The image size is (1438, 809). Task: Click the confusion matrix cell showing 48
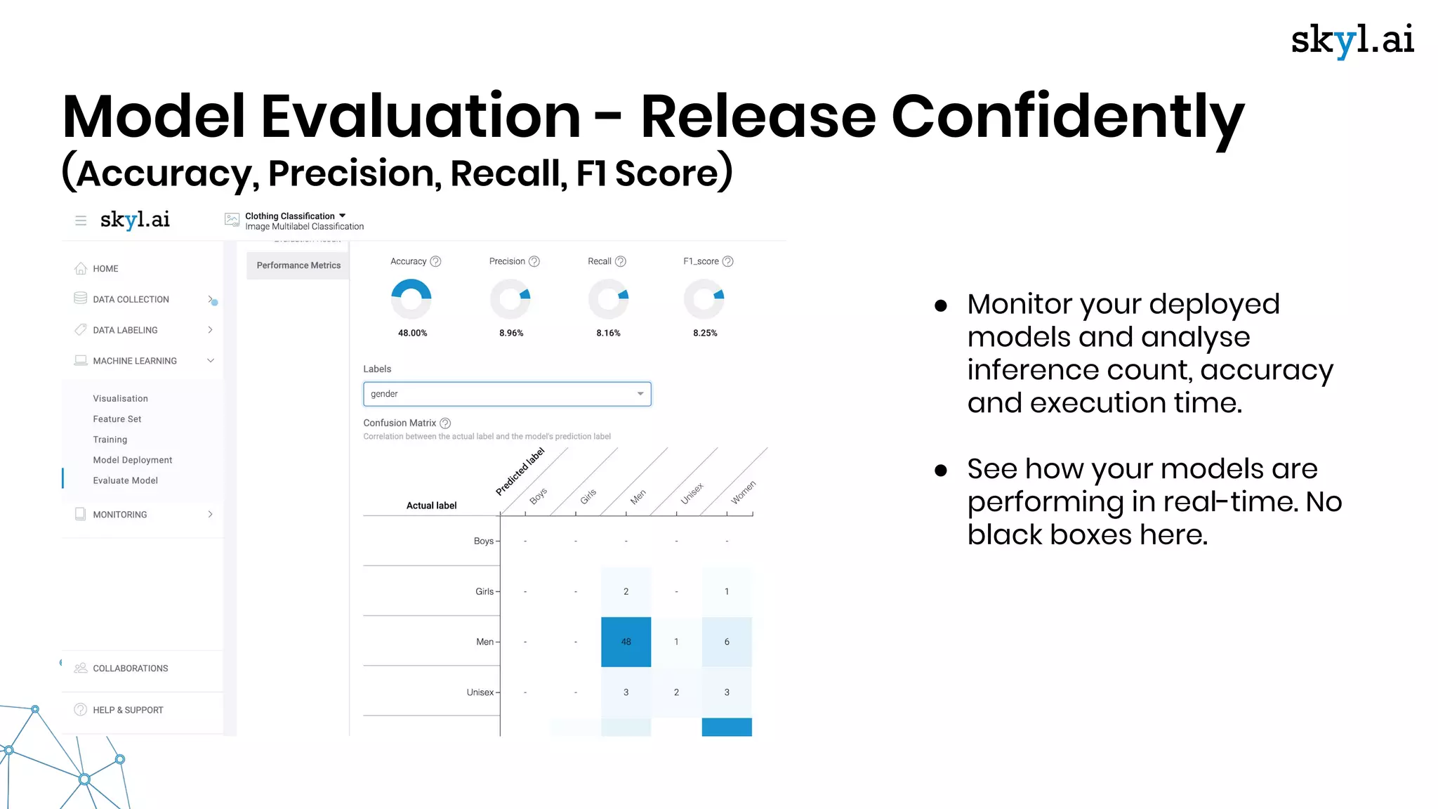tap(626, 642)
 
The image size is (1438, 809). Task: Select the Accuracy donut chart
tap(411, 299)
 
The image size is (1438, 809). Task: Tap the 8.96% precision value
tap(511, 333)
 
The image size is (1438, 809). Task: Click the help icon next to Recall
tap(621, 261)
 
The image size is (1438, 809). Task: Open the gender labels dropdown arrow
tap(640, 394)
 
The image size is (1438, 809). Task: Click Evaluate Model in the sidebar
tap(125, 480)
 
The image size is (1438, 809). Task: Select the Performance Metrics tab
tap(298, 265)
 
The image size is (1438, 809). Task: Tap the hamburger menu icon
tap(81, 221)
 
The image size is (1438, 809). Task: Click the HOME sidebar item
tap(105, 269)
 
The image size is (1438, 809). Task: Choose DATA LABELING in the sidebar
tap(125, 330)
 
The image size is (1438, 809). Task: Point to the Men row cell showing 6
tap(727, 642)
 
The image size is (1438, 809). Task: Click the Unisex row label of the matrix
tap(480, 692)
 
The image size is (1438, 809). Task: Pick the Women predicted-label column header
tap(743, 492)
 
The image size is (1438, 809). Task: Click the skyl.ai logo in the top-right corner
tap(1352, 40)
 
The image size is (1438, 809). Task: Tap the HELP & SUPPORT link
tap(128, 710)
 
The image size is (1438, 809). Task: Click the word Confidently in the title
tap(1067, 117)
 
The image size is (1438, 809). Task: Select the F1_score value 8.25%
tap(705, 333)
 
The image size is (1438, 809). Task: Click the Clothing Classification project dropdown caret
tap(343, 216)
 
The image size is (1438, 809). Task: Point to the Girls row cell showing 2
tap(626, 591)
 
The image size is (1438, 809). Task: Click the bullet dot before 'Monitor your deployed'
tap(941, 305)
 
